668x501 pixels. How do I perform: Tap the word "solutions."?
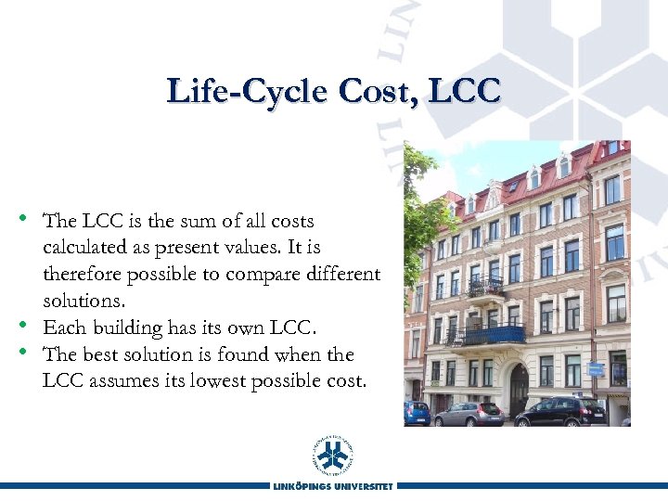click(83, 302)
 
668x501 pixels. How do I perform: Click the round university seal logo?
click(333, 454)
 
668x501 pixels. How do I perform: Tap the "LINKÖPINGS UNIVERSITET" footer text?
click(333, 486)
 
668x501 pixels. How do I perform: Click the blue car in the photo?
click(417, 413)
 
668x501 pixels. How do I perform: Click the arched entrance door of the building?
click(518, 388)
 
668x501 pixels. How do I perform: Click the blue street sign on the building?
click(595, 368)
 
